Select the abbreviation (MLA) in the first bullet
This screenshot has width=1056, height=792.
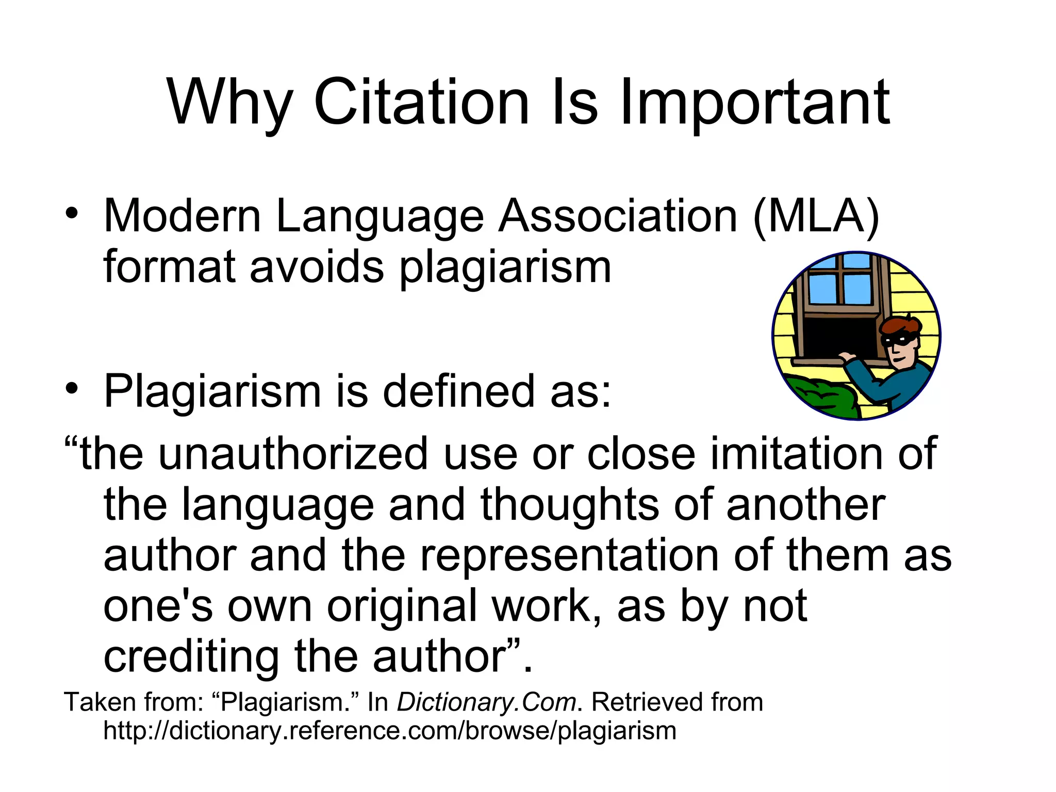(x=816, y=217)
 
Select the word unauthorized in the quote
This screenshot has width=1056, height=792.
(x=293, y=454)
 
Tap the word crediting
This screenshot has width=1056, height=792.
(x=191, y=657)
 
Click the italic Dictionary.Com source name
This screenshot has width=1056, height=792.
(x=486, y=702)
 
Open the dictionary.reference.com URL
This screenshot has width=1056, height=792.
(x=390, y=731)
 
